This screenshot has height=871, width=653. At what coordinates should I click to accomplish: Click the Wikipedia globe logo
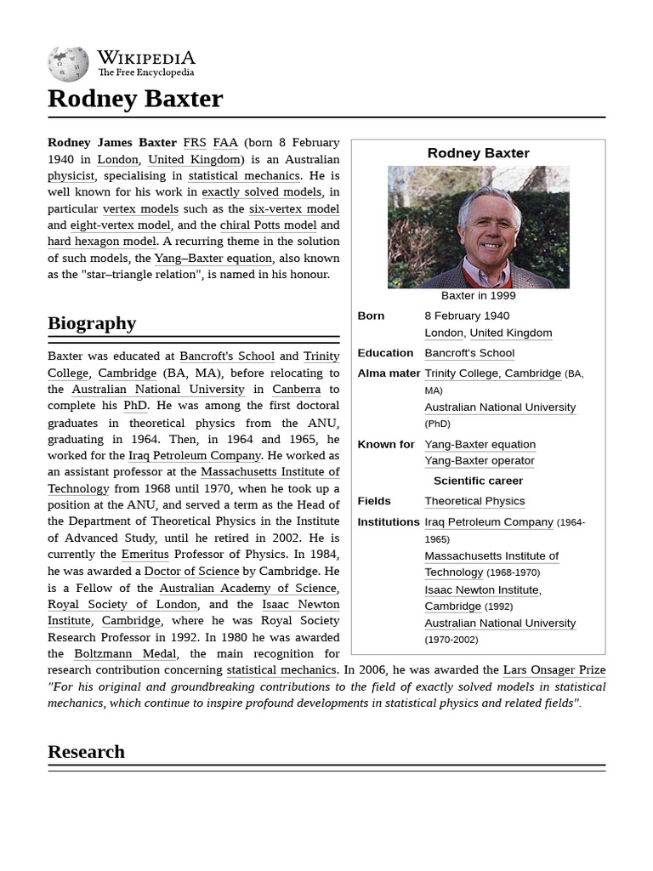[x=69, y=64]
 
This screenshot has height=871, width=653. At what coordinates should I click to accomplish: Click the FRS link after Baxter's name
[x=195, y=143]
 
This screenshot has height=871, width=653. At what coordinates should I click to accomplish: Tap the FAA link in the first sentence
[x=225, y=143]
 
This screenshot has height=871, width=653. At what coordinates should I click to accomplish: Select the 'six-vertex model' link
[x=294, y=209]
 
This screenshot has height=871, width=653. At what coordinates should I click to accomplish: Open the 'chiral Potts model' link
[x=268, y=225]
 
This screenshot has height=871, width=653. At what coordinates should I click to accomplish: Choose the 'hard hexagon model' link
[x=102, y=242]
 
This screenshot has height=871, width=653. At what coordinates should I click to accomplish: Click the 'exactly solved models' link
[x=262, y=192]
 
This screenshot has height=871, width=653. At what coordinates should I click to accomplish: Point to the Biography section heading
[x=92, y=323]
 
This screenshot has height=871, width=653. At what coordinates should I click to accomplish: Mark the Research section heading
[x=86, y=752]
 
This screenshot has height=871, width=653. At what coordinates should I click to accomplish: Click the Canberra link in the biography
[x=297, y=390]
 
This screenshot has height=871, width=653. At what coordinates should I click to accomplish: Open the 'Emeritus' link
[x=145, y=555]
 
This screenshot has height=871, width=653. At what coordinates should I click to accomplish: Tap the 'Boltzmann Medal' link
[x=125, y=654]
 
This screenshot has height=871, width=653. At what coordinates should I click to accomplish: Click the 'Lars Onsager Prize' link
[x=554, y=670]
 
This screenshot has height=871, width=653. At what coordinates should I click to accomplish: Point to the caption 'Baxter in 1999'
[x=478, y=296]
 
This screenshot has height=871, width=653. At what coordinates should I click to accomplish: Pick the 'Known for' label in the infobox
[x=386, y=444]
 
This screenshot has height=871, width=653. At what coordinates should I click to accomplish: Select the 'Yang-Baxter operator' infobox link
[x=480, y=461]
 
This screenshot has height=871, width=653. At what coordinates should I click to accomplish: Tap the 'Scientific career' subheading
[x=478, y=481]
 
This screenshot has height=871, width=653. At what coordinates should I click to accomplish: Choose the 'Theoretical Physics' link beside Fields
[x=474, y=502]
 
